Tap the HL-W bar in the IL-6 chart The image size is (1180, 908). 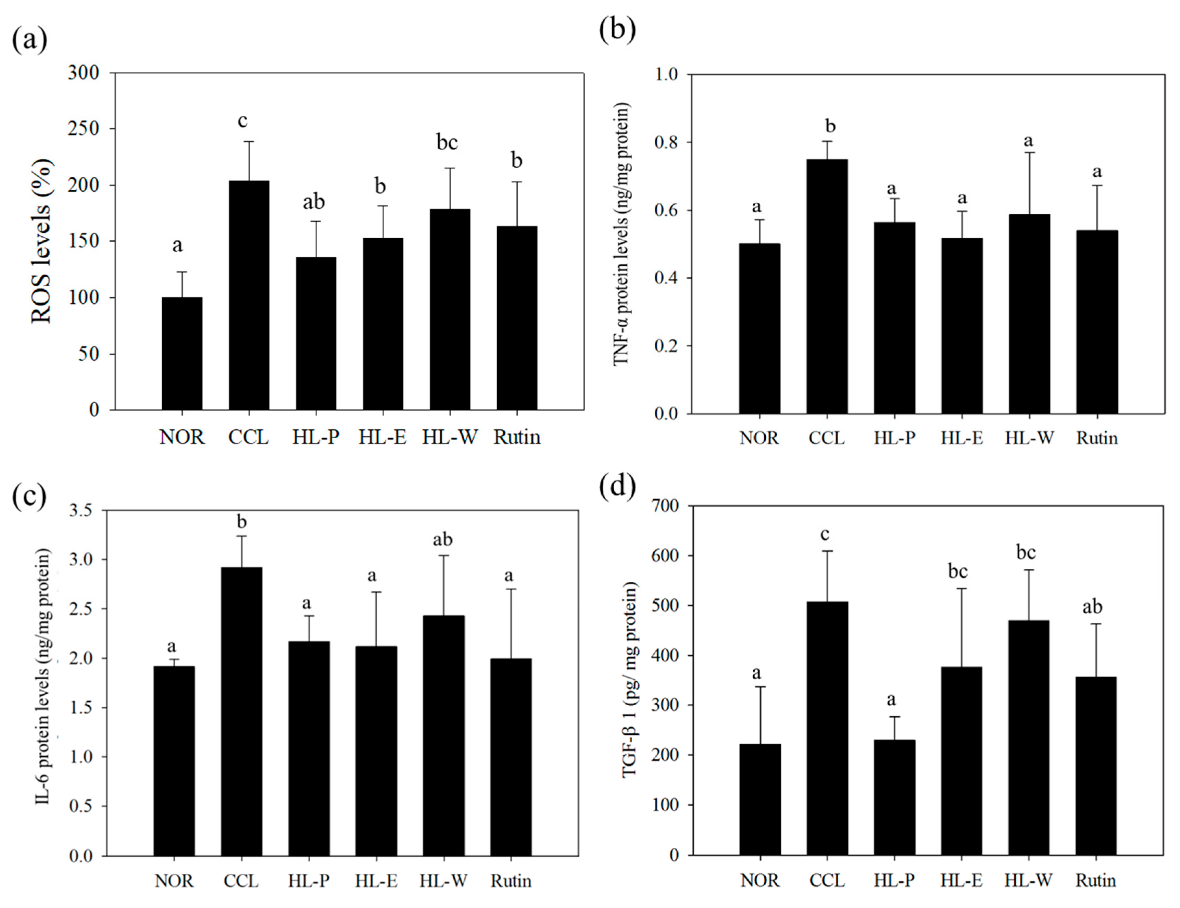443,735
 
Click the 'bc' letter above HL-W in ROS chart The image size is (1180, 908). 447,142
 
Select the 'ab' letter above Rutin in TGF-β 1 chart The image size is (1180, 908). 1092,607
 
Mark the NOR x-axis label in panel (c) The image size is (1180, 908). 174,881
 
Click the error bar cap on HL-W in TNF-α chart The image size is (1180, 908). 1029,153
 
